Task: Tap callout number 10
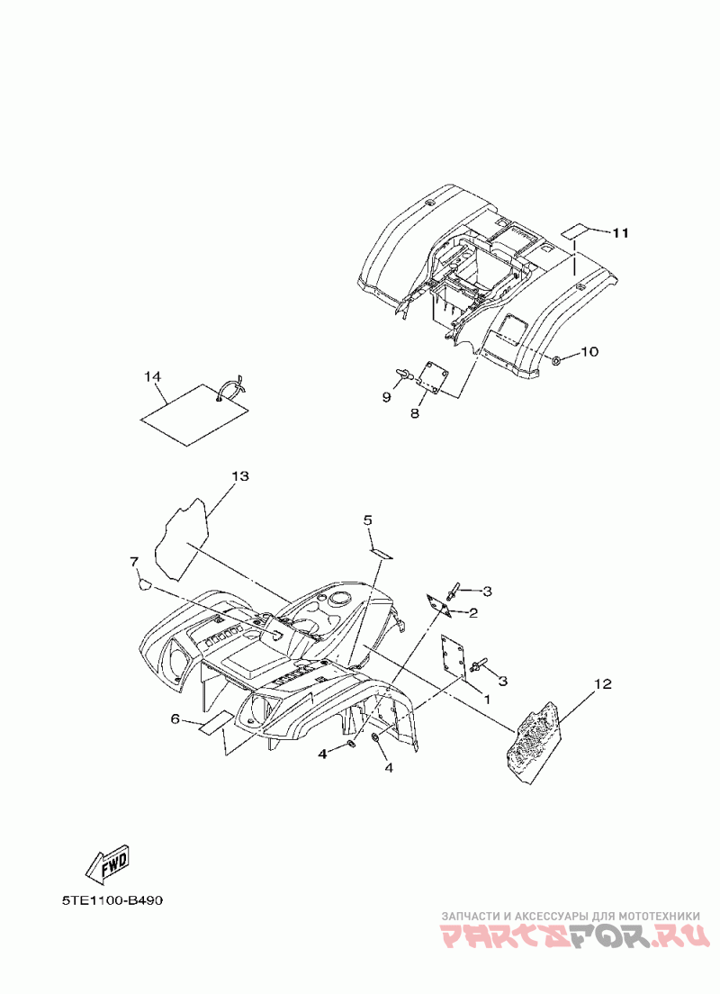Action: pyautogui.click(x=588, y=351)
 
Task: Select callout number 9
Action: pyautogui.click(x=386, y=395)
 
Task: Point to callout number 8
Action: pyautogui.click(x=415, y=413)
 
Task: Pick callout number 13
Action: pyautogui.click(x=238, y=475)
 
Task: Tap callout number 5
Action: pyautogui.click(x=368, y=520)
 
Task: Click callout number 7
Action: pyautogui.click(x=134, y=562)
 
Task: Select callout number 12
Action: pyautogui.click(x=602, y=684)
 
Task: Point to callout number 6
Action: pyautogui.click(x=176, y=718)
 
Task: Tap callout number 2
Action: pyautogui.click(x=472, y=613)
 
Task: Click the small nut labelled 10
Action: pyautogui.click(x=558, y=360)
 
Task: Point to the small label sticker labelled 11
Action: pyautogui.click(x=572, y=230)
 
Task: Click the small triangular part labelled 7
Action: pyautogui.click(x=142, y=584)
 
